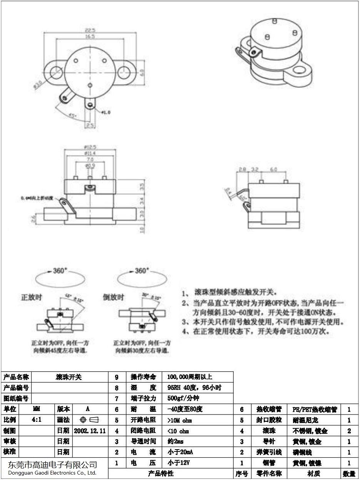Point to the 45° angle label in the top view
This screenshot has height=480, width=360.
72,115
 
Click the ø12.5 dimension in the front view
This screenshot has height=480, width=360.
90,147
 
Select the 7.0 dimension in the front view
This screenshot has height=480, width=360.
90,159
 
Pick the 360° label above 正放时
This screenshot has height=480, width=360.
60,271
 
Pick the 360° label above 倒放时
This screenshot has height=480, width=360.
141,271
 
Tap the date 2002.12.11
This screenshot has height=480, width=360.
90,430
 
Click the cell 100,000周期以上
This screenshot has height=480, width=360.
190,377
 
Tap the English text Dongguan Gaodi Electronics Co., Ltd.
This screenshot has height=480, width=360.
52,473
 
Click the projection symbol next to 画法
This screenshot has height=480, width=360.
89,420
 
